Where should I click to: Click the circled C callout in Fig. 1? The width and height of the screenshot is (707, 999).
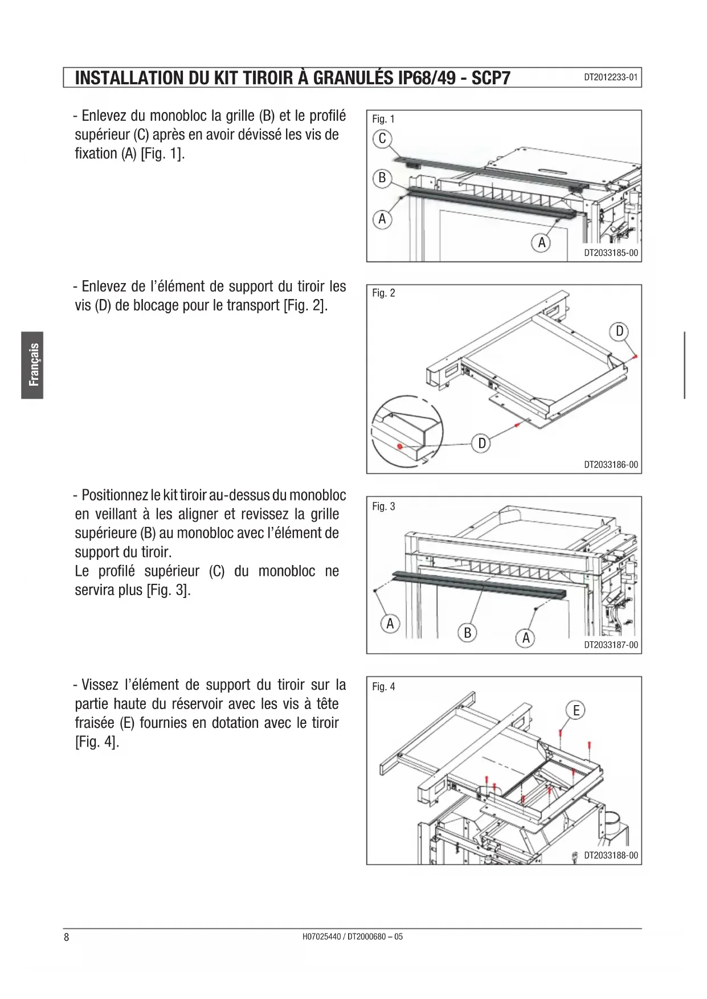pyautogui.click(x=382, y=138)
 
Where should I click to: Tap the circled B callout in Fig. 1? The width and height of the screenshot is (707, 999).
pyautogui.click(x=382, y=178)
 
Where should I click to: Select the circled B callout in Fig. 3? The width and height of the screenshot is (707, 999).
pyautogui.click(x=468, y=632)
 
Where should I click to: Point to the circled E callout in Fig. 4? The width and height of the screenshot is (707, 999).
pyautogui.click(x=576, y=710)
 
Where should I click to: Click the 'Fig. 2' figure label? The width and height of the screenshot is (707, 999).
pyautogui.click(x=383, y=293)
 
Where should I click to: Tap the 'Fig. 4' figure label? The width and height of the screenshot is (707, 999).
pyautogui.click(x=383, y=686)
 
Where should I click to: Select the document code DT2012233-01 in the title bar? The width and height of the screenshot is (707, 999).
pyautogui.click(x=611, y=77)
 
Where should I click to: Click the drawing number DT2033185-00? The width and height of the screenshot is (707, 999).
pyautogui.click(x=611, y=252)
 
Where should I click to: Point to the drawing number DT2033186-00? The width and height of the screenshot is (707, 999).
pyautogui.click(x=611, y=464)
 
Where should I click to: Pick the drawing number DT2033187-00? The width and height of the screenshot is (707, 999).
pyautogui.click(x=611, y=645)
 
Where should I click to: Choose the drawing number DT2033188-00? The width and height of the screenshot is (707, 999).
pyautogui.click(x=611, y=855)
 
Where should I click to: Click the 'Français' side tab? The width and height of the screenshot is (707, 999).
pyautogui.click(x=33, y=365)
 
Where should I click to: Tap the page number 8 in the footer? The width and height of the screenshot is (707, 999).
pyautogui.click(x=67, y=937)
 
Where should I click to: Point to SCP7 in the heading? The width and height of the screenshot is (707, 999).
pyautogui.click(x=491, y=78)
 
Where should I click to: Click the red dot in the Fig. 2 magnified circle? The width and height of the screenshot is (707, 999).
pyautogui.click(x=400, y=446)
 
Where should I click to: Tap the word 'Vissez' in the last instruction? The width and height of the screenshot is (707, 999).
pyautogui.click(x=100, y=685)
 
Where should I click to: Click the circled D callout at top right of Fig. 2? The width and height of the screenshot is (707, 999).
pyautogui.click(x=619, y=331)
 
